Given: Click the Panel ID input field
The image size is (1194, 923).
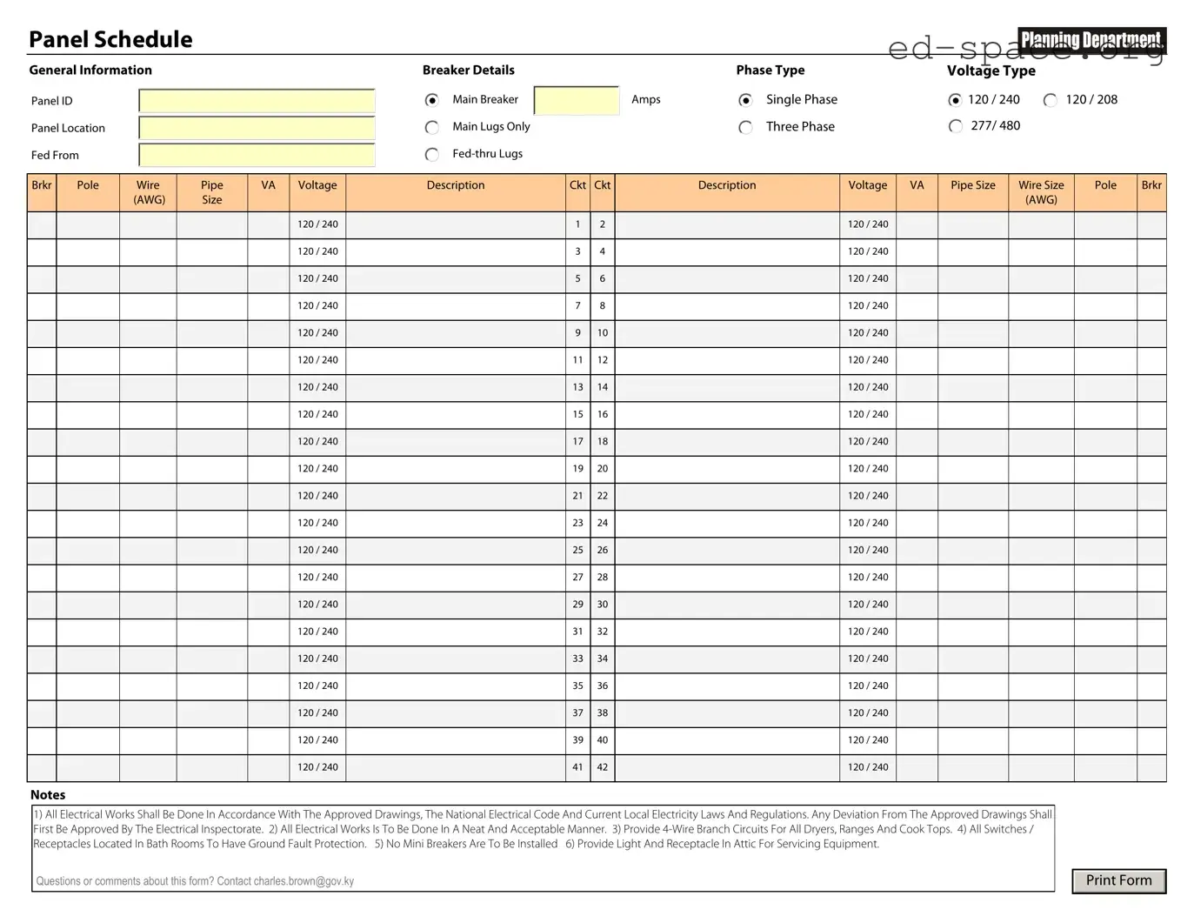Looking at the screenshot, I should [257, 101].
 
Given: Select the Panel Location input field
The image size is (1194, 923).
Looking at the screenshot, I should [257, 128].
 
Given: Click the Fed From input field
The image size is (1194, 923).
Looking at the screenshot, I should [257, 155].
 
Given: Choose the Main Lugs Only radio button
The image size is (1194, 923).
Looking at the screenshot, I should [432, 128].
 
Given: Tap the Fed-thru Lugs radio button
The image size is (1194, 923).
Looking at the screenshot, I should [432, 155].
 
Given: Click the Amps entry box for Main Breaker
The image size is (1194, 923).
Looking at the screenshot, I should [576, 100].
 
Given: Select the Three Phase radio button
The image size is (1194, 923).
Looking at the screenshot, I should [745, 128].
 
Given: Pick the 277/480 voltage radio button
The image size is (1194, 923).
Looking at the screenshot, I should [956, 126].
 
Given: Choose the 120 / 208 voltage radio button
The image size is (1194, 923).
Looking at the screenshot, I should [1051, 100].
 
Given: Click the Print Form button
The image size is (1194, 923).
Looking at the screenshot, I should [1118, 880].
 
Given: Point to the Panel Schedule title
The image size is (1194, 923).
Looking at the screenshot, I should [110, 39].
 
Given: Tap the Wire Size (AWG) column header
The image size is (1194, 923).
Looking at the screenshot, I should [1041, 192].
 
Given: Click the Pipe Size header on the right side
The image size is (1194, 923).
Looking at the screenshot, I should [972, 185].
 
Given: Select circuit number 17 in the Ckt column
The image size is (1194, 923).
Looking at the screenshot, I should [577, 441].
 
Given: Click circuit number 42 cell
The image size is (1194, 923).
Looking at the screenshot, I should [603, 767].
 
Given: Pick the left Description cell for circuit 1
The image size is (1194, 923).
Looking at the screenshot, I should [455, 224].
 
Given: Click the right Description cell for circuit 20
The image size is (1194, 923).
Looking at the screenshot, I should [727, 469].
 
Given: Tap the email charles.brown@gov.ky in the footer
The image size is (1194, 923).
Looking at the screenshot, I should [304, 881].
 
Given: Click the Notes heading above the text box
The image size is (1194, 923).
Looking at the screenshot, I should [48, 794].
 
